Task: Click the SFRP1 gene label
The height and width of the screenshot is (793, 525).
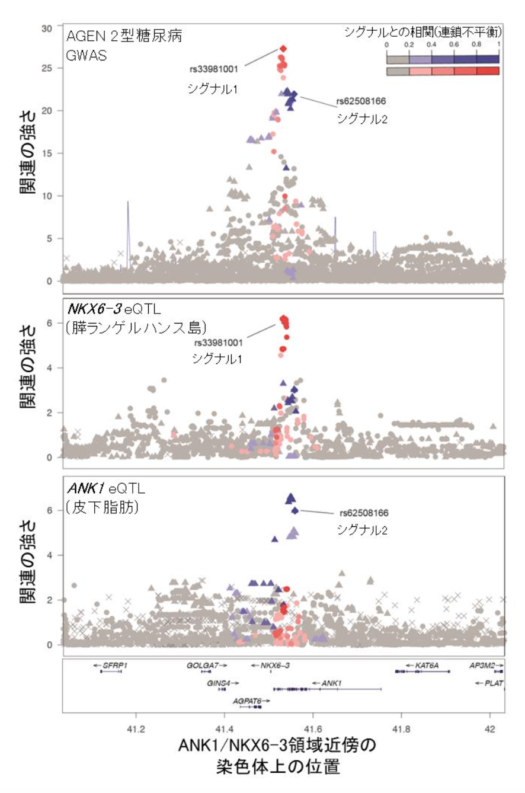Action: [115, 666]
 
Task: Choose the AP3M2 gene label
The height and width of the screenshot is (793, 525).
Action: [483, 666]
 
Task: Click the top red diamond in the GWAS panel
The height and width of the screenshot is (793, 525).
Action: [283, 48]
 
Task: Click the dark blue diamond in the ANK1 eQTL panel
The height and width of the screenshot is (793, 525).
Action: [295, 510]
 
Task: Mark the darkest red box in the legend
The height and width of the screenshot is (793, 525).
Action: [488, 71]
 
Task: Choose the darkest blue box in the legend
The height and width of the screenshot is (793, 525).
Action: [488, 59]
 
